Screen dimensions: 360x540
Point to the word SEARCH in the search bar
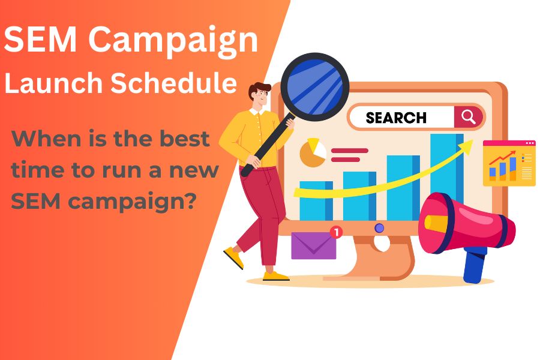click(396, 118)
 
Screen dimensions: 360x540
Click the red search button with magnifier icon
click(469, 116)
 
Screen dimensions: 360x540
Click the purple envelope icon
click(313, 245)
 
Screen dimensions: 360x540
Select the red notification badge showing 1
click(337, 232)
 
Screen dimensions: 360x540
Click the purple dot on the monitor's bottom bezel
click(379, 228)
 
